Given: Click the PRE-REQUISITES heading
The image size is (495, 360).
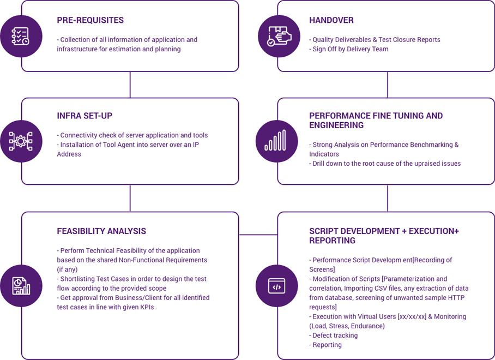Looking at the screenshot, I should click(x=90, y=20).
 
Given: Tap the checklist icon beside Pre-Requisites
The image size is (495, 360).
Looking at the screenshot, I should click(x=21, y=36).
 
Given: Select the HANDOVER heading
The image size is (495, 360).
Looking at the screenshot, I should click(x=331, y=20).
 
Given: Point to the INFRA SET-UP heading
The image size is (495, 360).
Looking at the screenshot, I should click(x=84, y=116).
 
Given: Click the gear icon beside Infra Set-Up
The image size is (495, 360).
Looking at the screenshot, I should click(x=21, y=141).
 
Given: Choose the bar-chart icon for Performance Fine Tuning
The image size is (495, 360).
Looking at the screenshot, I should click(x=277, y=141).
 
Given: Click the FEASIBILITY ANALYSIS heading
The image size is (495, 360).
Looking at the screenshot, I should click(x=101, y=231).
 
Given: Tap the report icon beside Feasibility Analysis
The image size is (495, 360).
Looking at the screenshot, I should click(x=21, y=285).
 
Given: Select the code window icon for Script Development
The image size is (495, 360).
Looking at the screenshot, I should click(x=277, y=285).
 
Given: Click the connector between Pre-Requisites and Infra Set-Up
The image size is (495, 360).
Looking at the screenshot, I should click(x=130, y=85).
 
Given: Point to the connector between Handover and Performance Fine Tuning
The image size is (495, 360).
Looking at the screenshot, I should click(x=387, y=85).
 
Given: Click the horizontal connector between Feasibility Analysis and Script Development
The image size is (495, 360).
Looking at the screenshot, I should click(x=258, y=235).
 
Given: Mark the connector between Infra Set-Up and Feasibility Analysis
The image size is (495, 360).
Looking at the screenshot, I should click(x=130, y=198).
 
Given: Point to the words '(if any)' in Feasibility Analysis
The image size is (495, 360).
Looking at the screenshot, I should click(x=68, y=269).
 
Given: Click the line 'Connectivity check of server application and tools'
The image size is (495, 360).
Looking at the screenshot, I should click(x=132, y=135).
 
